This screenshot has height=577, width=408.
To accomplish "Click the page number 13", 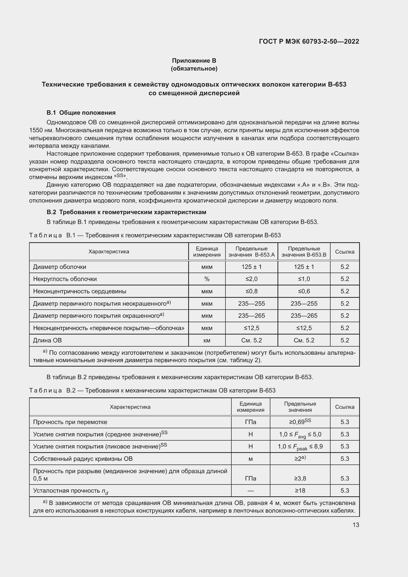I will pos(356,525).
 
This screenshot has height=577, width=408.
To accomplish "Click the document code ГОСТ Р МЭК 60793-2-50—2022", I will pos(309,41).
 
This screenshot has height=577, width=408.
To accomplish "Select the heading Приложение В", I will pos(194,61).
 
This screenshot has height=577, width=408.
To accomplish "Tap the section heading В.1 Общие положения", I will pos(81,112).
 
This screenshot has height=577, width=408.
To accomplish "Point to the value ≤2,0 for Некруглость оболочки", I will pos(251,279).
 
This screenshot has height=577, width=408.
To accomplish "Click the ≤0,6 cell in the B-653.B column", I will pos(304,291).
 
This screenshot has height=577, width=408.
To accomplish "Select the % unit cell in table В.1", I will pos(207,279).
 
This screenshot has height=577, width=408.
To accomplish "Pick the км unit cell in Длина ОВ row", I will pos(207,340).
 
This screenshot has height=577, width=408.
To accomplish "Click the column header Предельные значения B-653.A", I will pos(251,252).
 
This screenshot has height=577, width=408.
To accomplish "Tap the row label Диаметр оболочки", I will pos(59,267).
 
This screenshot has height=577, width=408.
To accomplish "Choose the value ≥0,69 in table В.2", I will pos(300,422).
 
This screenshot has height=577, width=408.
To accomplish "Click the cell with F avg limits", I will pos(300,434).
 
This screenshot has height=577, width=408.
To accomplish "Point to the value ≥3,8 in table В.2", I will pos(300,479).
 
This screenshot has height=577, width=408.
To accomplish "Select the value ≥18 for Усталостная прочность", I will pos(300,490).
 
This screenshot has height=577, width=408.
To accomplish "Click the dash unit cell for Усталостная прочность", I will pos(250,490).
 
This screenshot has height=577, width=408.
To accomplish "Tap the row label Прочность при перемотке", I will pos(70,422).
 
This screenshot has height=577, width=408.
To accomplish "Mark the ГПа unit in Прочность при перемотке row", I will pos(250,422).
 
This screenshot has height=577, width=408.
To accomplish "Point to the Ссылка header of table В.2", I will pos(344,407).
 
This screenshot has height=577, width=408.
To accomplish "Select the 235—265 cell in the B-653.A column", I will pos(251,316).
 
